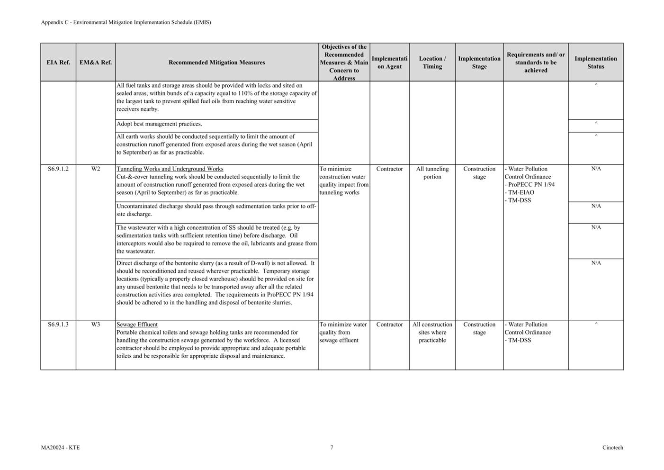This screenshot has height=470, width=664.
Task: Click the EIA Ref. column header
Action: coord(58,63)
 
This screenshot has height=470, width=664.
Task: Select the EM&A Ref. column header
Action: coord(96,63)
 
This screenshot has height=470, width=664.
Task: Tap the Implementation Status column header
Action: coord(595,63)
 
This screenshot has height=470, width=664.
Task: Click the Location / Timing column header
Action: coord(432,63)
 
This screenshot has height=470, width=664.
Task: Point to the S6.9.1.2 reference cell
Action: coord(58,169)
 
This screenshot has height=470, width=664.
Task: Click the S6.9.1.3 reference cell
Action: coord(58,325)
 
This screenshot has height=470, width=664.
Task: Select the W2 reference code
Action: coord(96,169)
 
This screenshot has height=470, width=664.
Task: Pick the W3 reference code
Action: coord(96,325)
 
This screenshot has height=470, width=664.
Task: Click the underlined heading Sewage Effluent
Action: coord(137,325)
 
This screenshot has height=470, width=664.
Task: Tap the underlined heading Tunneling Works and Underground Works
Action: coord(170,169)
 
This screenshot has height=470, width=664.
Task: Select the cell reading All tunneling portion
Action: coord(432,173)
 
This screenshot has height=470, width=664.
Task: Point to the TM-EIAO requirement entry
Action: coord(520,192)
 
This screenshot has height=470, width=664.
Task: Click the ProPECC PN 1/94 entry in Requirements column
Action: coord(531,185)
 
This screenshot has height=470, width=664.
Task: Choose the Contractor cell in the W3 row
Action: coord(389,325)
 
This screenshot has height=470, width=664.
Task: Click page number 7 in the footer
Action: coord(332,448)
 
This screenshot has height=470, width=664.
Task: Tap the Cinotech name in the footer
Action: coord(612,448)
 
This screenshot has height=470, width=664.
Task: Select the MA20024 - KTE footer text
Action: coord(60,448)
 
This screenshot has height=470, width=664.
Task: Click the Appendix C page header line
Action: coord(126,22)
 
